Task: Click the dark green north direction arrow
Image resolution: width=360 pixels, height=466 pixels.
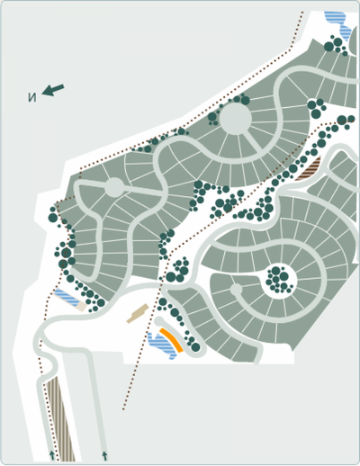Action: click(x=54, y=90)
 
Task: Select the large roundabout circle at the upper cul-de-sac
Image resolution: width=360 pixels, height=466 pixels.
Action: click(x=235, y=119)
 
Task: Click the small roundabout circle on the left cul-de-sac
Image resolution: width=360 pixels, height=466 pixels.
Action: click(x=114, y=187)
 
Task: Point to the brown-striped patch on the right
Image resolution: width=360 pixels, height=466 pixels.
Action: click(x=308, y=167)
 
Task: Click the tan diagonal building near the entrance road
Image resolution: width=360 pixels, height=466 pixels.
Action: click(x=138, y=313)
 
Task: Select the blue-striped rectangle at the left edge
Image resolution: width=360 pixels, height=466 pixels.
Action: click(x=66, y=297)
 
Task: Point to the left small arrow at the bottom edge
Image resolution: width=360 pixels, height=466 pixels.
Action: click(x=51, y=455)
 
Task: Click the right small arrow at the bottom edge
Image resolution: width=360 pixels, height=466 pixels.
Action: click(x=104, y=455)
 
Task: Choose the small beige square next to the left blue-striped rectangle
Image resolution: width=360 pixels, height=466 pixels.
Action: click(x=82, y=306)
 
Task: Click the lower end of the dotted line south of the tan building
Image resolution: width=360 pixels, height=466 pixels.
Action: click(x=123, y=409)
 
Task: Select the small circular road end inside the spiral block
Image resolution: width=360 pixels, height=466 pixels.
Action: click(x=236, y=291)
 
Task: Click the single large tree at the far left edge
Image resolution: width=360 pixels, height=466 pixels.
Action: click(x=53, y=217)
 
